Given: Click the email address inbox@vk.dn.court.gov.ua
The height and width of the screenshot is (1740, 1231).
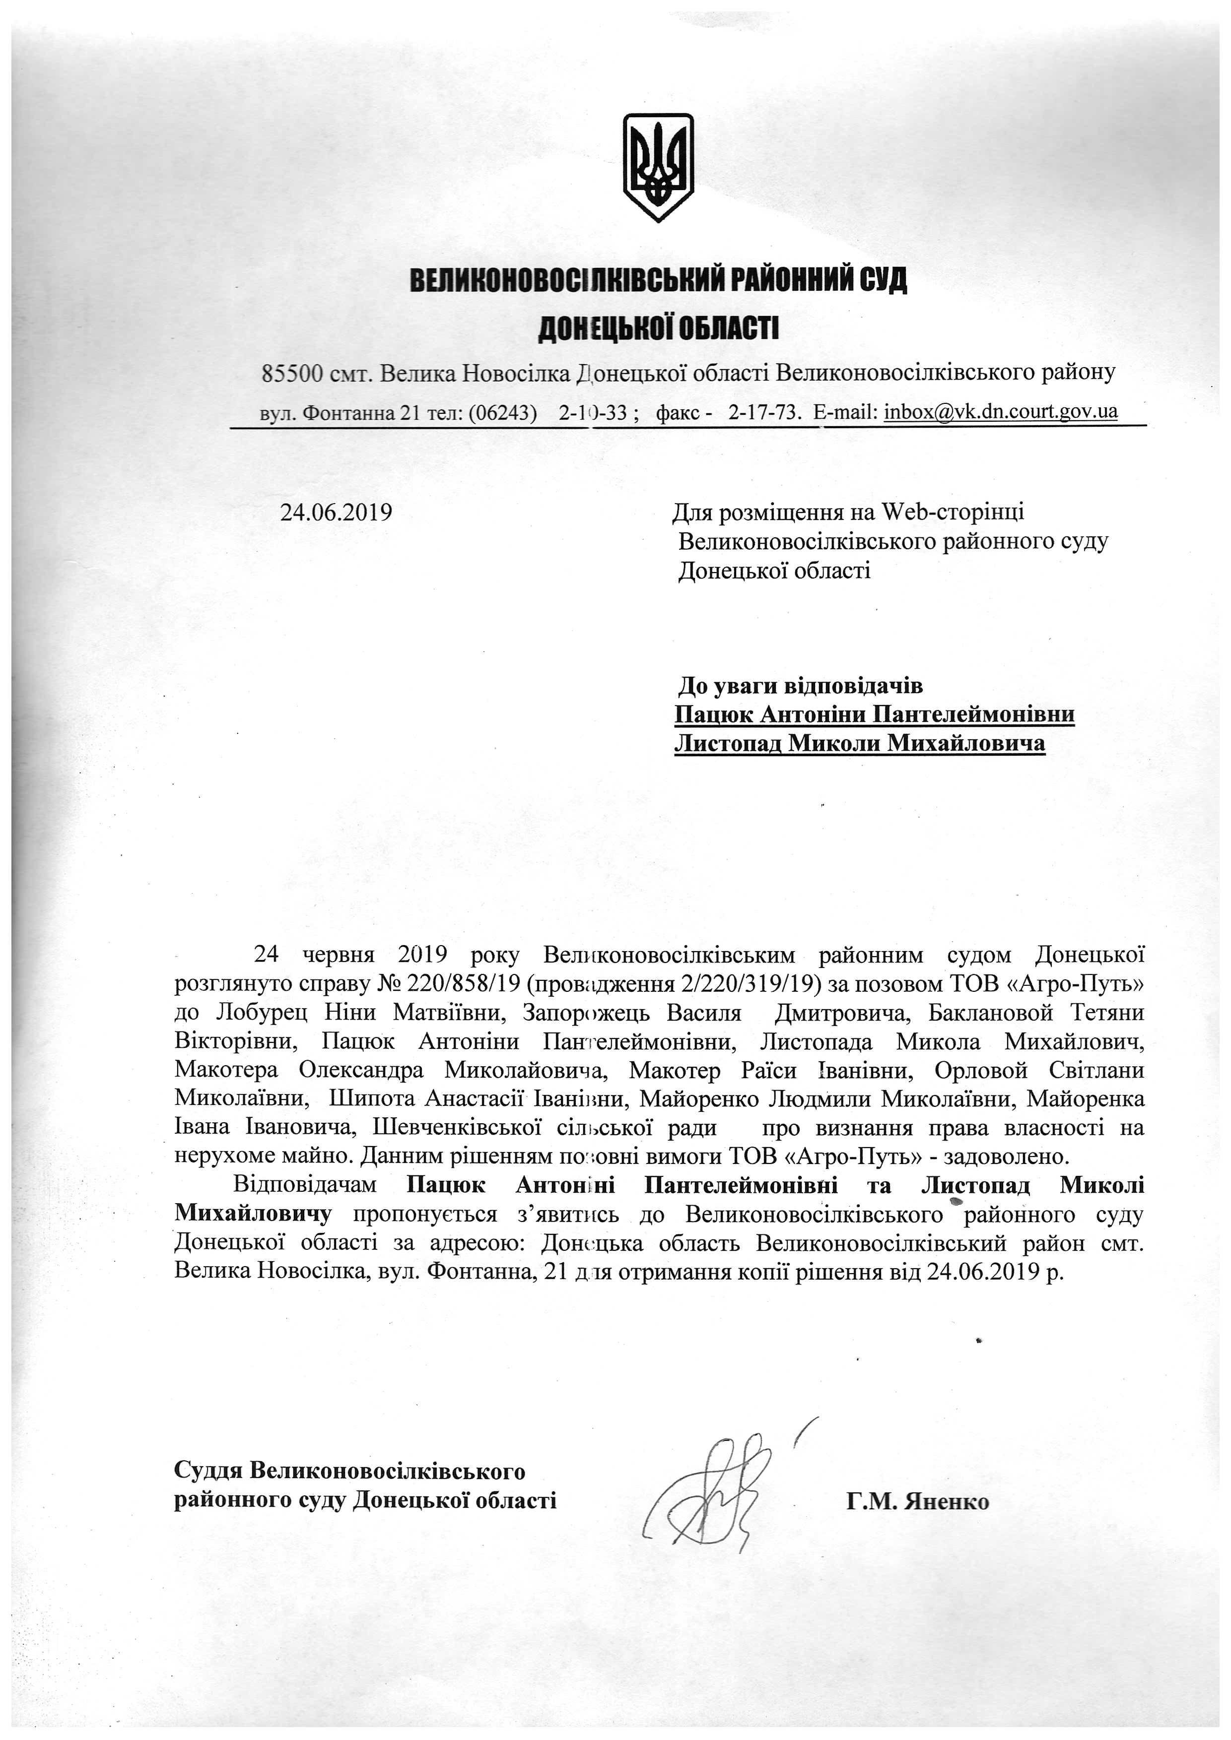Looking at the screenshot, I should click(x=1001, y=411).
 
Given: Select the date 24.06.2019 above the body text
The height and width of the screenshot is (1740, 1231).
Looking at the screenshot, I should click(x=336, y=513).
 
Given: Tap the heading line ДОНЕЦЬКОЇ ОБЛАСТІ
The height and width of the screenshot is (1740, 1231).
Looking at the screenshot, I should click(x=658, y=329).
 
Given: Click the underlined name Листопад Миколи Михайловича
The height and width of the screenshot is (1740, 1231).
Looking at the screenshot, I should click(x=860, y=743).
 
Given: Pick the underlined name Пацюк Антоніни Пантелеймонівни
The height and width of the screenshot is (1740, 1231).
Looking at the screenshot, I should click(x=874, y=714).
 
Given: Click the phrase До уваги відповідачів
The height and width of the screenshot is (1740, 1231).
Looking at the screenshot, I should click(x=800, y=686).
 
